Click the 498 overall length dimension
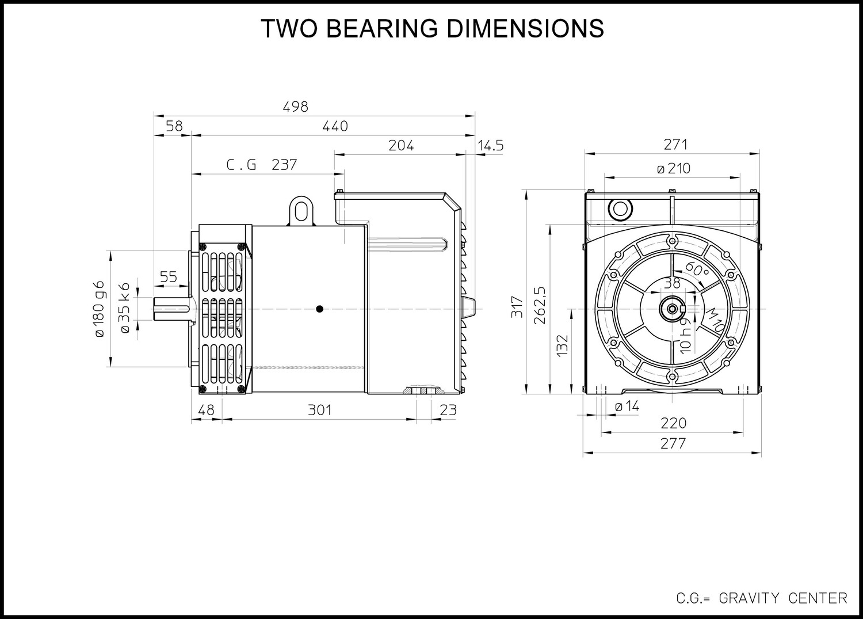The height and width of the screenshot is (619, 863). pos(296,107)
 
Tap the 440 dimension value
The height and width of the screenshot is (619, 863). pos(335,126)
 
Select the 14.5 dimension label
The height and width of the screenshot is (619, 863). pos(491,146)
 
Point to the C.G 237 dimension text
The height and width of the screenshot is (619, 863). pos(262,165)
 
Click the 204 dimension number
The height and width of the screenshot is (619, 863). pos(401,146)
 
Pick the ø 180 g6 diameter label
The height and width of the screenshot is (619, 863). pos(100,309)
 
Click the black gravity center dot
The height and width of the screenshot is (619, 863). pos(319,309)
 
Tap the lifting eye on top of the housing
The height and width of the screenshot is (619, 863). pos(301,210)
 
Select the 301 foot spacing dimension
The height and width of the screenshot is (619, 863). pos(320,410)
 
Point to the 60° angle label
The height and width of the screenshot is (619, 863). pos(697,269)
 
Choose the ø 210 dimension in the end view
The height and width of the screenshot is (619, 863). pos(674,169)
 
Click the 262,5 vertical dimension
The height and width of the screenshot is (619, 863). pos(540,305)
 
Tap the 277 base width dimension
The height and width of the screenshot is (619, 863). pos(674,443)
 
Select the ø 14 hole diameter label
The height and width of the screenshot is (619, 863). pos(627,406)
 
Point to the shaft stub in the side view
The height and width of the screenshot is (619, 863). pos(172,309)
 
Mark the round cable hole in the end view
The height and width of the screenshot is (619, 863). pos(620,210)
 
